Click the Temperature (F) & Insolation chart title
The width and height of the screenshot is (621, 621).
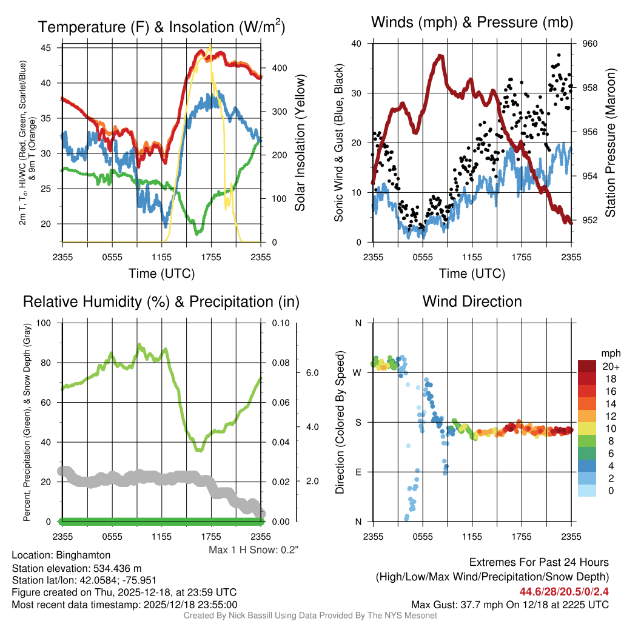(x=161, y=27)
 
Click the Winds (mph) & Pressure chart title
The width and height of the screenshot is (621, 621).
(x=472, y=22)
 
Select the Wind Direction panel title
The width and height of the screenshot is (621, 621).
(x=472, y=301)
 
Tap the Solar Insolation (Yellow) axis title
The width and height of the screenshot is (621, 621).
(x=300, y=143)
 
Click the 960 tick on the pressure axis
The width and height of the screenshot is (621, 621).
(x=590, y=44)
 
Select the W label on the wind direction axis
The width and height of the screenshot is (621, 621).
(x=357, y=372)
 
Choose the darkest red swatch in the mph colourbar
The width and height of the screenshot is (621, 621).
(x=588, y=366)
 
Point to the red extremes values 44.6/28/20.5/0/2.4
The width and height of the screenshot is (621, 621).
(x=564, y=591)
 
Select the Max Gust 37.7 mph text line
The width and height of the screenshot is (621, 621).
(x=509, y=605)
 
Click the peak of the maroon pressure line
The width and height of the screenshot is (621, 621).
(x=440, y=56)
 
